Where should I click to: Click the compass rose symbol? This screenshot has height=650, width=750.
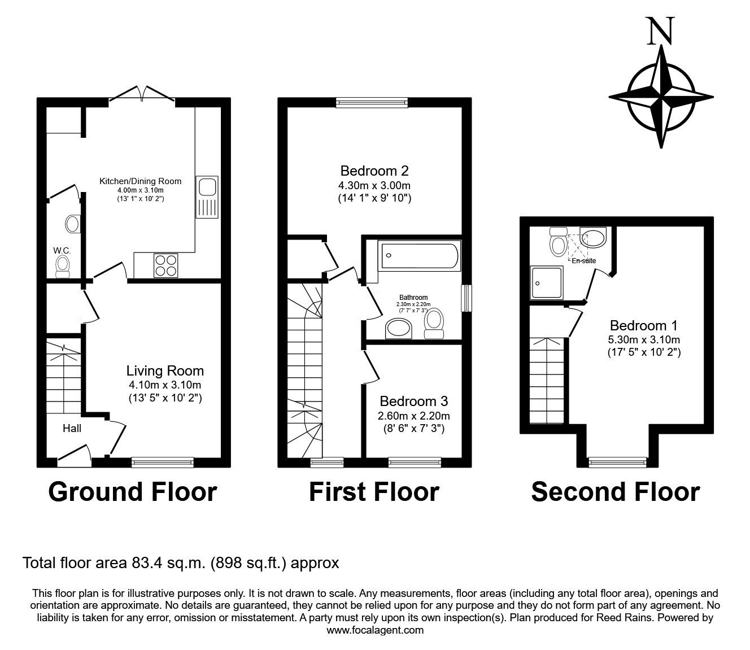click(x=661, y=95)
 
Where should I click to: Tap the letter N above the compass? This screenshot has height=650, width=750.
click(x=660, y=31)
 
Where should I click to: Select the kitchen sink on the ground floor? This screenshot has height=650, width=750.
click(x=207, y=196)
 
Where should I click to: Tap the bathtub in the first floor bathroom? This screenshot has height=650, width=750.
click(x=420, y=256)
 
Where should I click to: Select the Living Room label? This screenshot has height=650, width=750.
click(x=164, y=371)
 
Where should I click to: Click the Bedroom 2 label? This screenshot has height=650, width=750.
click(x=374, y=171)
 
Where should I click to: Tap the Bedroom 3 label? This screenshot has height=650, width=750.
click(x=413, y=401)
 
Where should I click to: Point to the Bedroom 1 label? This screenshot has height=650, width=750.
click(x=644, y=326)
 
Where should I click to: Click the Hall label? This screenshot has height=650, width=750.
click(x=72, y=429)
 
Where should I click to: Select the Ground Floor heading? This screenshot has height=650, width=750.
click(x=132, y=492)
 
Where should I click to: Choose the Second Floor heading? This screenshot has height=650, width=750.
click(x=615, y=492)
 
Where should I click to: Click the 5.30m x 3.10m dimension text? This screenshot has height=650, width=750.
click(x=644, y=340)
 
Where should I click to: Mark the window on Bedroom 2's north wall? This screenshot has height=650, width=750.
click(x=371, y=102)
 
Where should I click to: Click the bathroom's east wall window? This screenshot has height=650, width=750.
click(x=466, y=298)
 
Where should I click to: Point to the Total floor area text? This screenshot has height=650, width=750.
click(x=180, y=563)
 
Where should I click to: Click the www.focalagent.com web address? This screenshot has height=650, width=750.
click(x=375, y=630)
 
